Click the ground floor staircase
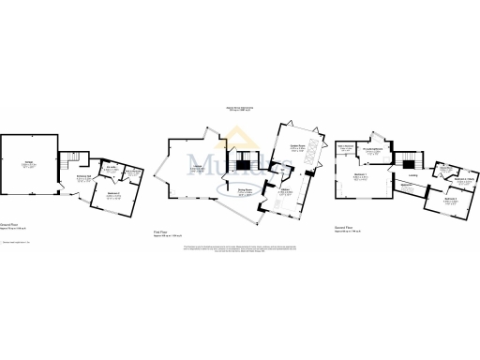pyautogui.click(x=70, y=160)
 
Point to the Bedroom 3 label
pyautogui.click(x=449, y=200)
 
